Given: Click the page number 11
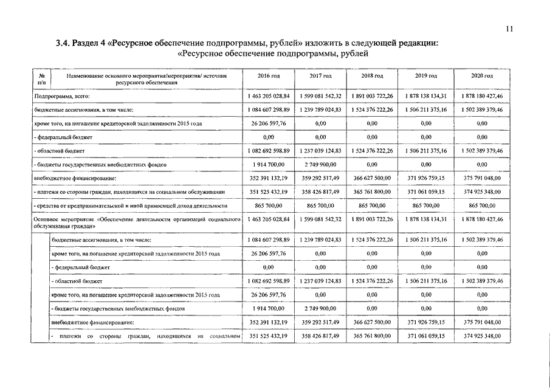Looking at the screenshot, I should (x=509, y=28).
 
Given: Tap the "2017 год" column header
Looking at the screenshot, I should (x=320, y=76).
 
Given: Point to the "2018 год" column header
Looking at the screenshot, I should (x=372, y=76).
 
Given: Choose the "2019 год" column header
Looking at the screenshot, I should (x=426, y=76).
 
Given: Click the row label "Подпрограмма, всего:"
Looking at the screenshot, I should (x=60, y=96).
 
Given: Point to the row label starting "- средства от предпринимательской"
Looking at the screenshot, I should (x=131, y=207).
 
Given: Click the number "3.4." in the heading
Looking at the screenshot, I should (x=63, y=43).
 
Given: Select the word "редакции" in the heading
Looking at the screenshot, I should (x=414, y=43).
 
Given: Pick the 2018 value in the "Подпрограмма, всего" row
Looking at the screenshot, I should (x=372, y=96).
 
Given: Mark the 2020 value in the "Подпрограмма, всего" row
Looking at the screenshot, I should (x=482, y=96).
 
